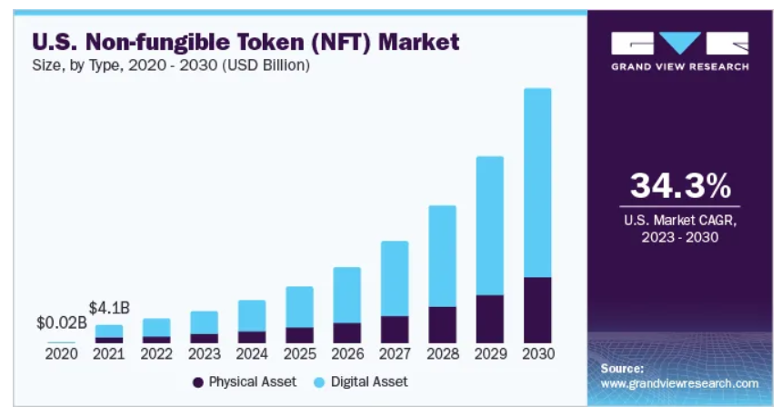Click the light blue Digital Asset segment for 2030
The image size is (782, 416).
(x=537, y=182)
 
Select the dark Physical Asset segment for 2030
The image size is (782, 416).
(x=537, y=310)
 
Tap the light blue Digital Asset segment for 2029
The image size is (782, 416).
(x=490, y=225)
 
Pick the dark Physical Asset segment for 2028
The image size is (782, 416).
(x=442, y=324)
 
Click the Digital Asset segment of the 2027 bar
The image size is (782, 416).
(x=395, y=278)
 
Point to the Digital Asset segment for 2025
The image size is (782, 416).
(x=299, y=306)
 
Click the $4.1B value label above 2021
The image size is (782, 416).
(x=109, y=308)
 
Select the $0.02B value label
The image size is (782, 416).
(x=62, y=322)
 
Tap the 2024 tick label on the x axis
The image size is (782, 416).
(x=252, y=352)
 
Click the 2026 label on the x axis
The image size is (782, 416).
(x=346, y=352)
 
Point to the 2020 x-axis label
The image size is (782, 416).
(x=62, y=352)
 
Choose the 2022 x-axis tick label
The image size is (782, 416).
(x=156, y=352)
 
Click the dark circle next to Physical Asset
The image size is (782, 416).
(x=197, y=382)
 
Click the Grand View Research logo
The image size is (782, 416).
(x=680, y=51)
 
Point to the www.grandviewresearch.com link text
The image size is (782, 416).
(x=679, y=383)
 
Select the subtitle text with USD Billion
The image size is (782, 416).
(x=172, y=66)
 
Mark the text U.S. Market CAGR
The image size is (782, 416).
(x=680, y=221)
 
